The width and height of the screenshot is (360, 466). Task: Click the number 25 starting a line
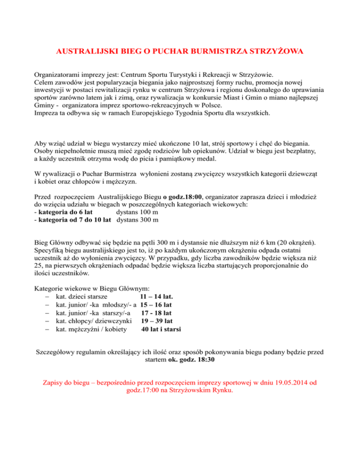pos(39,268)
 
